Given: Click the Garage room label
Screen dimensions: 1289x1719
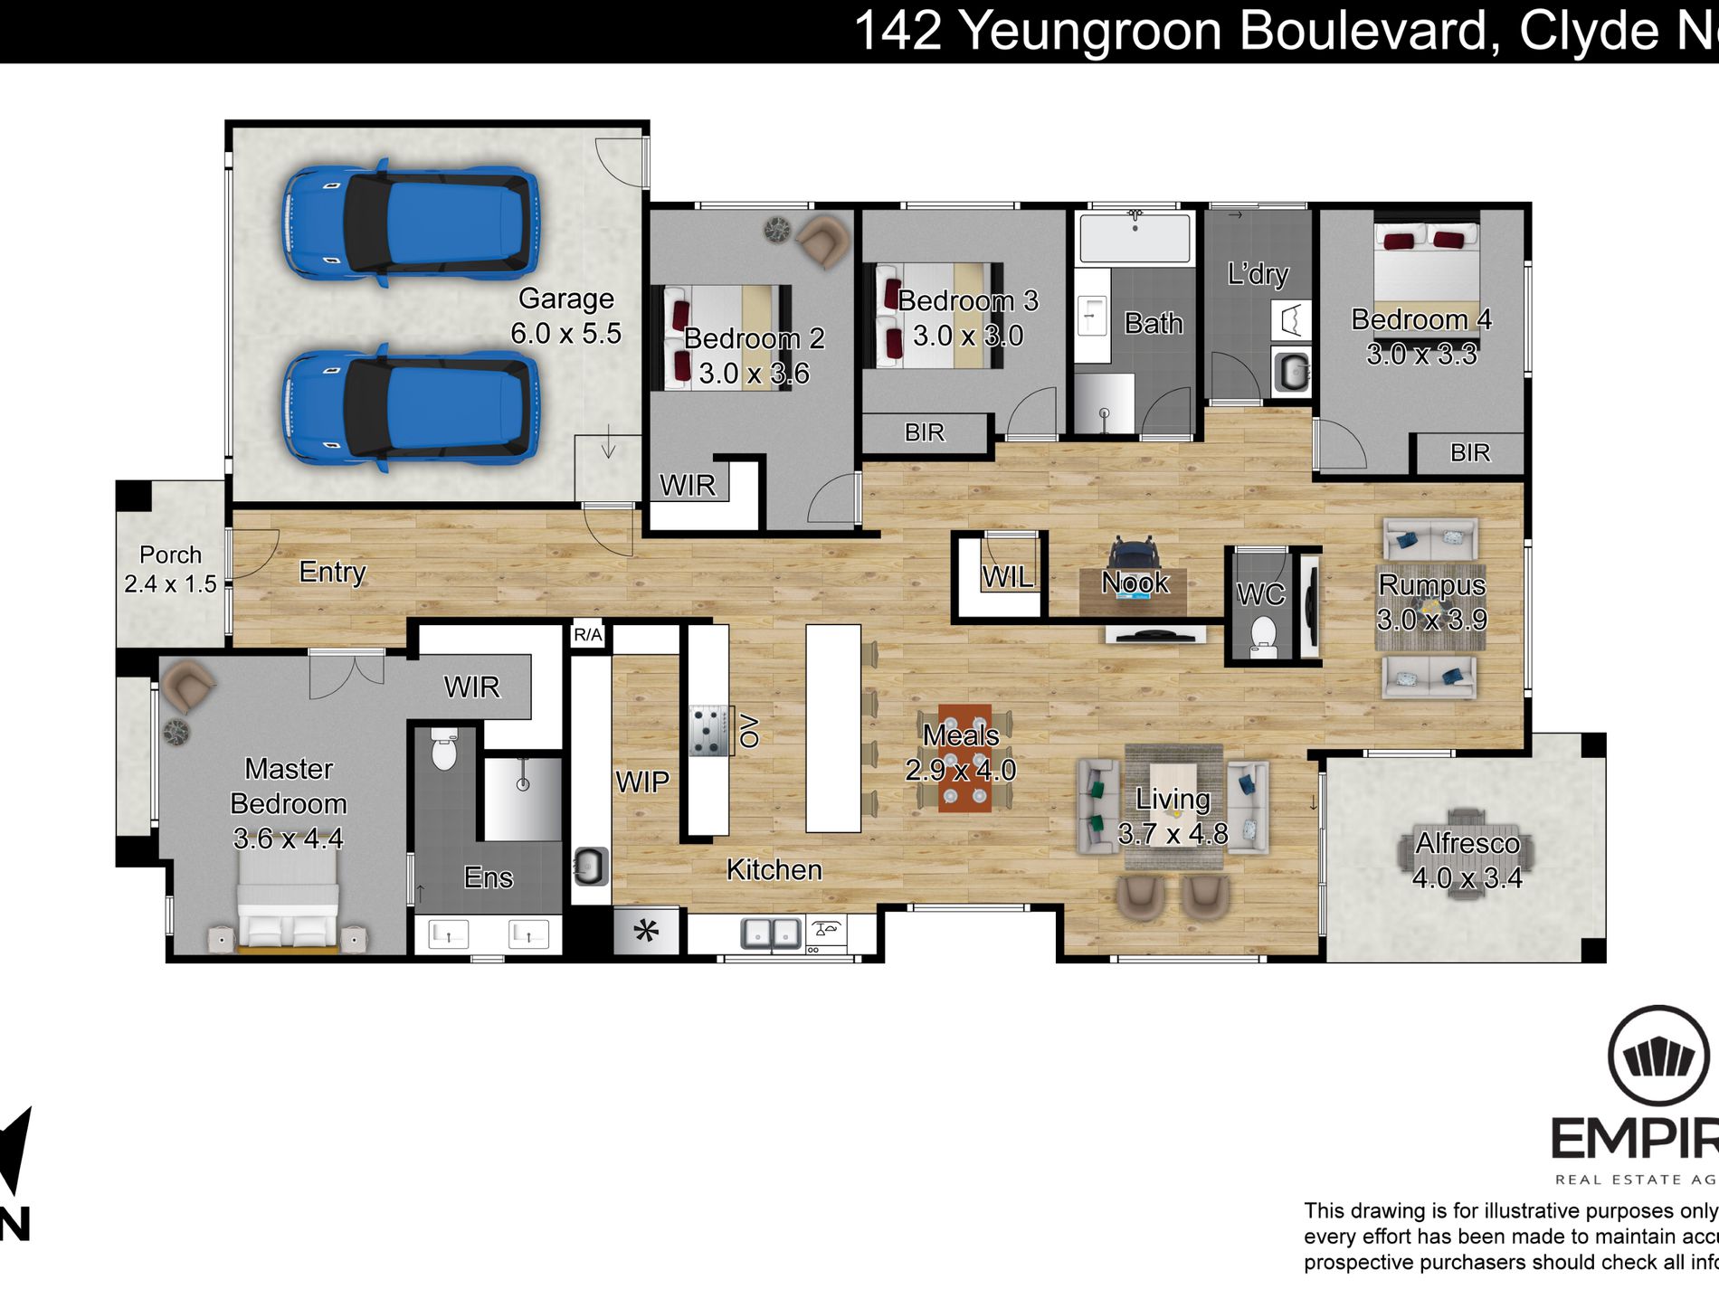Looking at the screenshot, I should point(565,299).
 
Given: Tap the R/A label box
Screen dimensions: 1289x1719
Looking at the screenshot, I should point(587,635).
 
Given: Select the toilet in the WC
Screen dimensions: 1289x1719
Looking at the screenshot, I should point(1262,635).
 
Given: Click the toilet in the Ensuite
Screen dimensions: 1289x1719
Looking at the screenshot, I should point(444,750).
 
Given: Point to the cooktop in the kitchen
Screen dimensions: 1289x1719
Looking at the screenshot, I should point(708,730).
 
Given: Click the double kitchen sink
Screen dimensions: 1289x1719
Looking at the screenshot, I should point(771,932).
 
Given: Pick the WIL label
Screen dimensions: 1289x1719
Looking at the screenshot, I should point(1007,577).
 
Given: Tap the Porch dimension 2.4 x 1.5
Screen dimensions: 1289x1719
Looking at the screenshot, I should point(170,584).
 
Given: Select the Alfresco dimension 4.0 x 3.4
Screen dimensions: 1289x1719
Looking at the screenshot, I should point(1467,878).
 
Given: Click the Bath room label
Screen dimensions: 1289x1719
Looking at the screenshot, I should point(1154,323).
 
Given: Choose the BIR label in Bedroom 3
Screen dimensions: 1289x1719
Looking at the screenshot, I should point(924,432).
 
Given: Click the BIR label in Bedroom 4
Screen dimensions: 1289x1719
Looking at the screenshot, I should point(1469,452).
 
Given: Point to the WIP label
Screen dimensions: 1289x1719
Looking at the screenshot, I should point(642,782).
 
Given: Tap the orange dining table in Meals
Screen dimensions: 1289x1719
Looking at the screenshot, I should point(964,758).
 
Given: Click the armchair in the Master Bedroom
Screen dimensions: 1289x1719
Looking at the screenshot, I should point(188,685).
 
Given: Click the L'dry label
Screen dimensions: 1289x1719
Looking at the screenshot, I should point(1258,273).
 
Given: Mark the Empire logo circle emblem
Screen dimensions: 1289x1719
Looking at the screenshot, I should point(1658,1057).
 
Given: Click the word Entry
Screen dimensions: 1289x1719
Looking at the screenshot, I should point(332,572).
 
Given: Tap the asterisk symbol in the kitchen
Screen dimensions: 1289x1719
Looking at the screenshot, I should point(646,932).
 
